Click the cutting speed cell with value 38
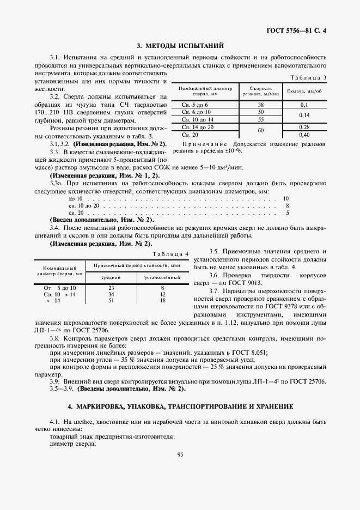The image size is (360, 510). (x=260, y=104)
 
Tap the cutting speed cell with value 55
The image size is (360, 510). (x=260, y=119)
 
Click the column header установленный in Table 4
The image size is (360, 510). (x=162, y=278)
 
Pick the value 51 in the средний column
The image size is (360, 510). (x=112, y=300)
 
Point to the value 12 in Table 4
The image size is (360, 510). (x=162, y=294)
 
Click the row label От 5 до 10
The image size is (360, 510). (x=60, y=287)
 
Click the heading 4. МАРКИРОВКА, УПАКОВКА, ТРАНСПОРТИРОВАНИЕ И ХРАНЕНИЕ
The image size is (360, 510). (x=180, y=406)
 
